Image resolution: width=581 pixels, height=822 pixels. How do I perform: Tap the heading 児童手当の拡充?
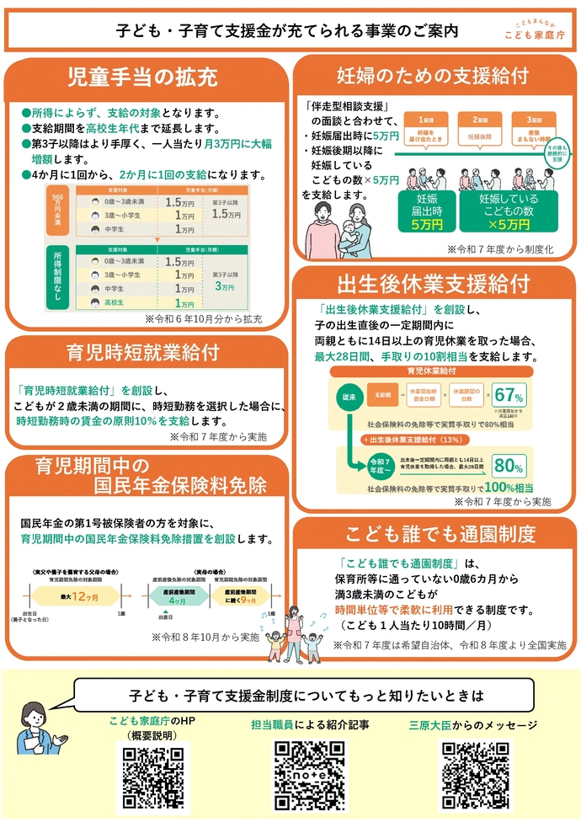pyautogui.click(x=142, y=77)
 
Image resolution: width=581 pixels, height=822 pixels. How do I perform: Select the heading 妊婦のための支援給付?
pyautogui.click(x=433, y=74)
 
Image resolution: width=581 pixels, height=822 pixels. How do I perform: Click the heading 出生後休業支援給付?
pyautogui.click(x=434, y=282)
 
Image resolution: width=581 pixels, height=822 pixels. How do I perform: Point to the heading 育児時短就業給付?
pyautogui.click(x=142, y=351)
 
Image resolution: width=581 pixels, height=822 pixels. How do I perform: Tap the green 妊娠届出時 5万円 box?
pyautogui.click(x=421, y=212)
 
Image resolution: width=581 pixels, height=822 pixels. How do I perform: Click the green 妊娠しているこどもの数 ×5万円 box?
pyautogui.click(x=508, y=212)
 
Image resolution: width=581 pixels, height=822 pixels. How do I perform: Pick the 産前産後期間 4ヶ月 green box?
pyautogui.click(x=178, y=596)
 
